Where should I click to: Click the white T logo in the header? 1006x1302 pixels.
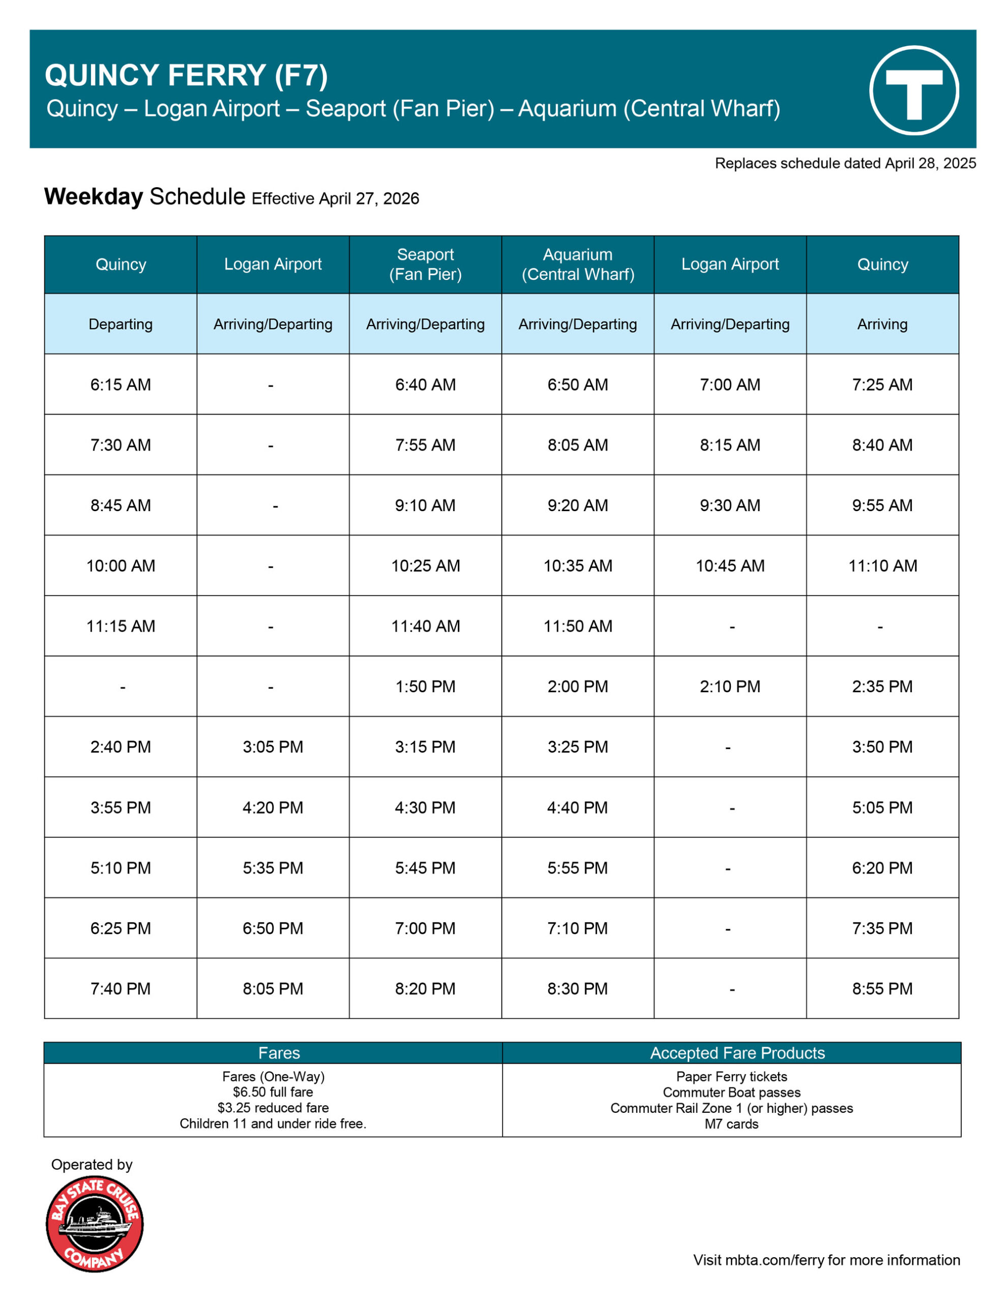[x=913, y=91]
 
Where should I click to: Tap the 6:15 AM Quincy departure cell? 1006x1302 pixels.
[x=121, y=384]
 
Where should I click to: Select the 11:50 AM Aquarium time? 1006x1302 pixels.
[x=577, y=626]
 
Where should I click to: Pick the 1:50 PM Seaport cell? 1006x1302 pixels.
[x=425, y=686]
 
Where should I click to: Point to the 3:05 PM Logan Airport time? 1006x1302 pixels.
[x=273, y=747]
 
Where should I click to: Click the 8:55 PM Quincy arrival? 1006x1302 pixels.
[x=882, y=988]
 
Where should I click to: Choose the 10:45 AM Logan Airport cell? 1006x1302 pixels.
[x=730, y=566]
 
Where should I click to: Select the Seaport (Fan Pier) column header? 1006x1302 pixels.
[x=425, y=264]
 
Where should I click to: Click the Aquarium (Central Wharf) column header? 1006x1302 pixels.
[x=577, y=264]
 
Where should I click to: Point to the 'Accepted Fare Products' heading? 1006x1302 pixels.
[x=737, y=1053]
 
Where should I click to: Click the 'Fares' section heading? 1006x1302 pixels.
[x=279, y=1053]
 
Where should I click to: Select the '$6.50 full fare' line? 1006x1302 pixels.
[x=273, y=1092]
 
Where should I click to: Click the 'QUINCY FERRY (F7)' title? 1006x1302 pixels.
[x=186, y=76]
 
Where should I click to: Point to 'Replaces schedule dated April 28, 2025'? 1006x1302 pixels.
[x=845, y=163]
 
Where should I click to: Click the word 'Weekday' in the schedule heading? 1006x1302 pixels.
[x=94, y=197]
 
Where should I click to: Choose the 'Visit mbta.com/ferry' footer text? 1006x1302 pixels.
[x=826, y=1260]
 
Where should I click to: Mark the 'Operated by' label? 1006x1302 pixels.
[x=92, y=1164]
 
